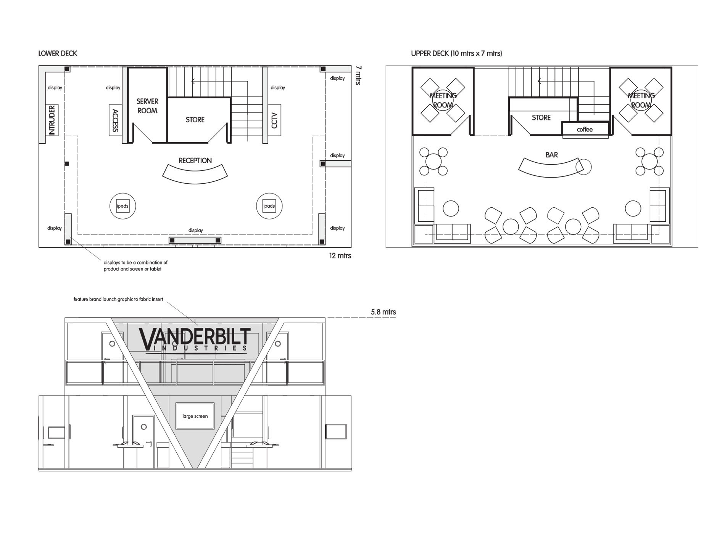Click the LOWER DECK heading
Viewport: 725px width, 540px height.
pyautogui.click(x=58, y=53)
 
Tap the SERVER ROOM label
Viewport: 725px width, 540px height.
pyautogui.click(x=147, y=106)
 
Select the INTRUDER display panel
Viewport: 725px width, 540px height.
pyautogui.click(x=52, y=120)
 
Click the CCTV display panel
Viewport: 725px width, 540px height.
pyautogui.click(x=274, y=120)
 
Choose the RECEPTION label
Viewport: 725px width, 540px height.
pyautogui.click(x=195, y=160)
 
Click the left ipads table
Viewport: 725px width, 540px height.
pyautogui.click(x=122, y=206)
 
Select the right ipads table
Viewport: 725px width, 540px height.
pyautogui.click(x=269, y=206)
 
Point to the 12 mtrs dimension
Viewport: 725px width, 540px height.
pyautogui.click(x=340, y=256)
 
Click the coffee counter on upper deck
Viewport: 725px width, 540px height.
pyautogui.click(x=585, y=129)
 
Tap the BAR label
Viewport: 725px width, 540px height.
pyautogui.click(x=552, y=155)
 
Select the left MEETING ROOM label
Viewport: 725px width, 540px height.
pyautogui.click(x=443, y=100)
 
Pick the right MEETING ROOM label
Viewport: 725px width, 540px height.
pyautogui.click(x=641, y=100)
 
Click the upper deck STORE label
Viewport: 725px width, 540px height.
pyautogui.click(x=541, y=118)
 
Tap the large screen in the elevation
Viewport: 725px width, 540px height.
pyautogui.click(x=195, y=416)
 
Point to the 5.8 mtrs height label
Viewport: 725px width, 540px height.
pyautogui.click(x=383, y=312)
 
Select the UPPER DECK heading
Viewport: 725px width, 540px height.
pyautogui.click(x=456, y=53)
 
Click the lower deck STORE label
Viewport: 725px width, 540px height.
pyautogui.click(x=195, y=120)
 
